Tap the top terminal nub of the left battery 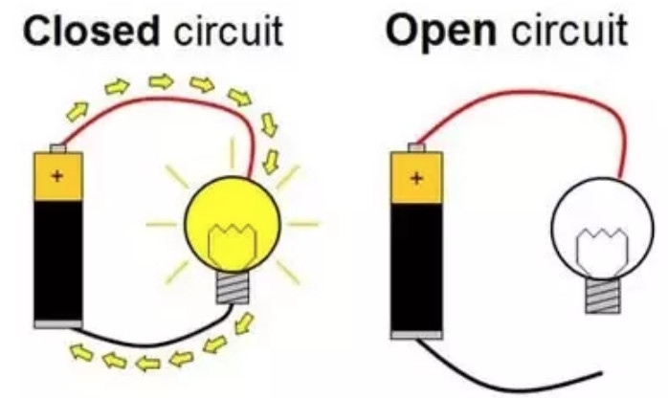57,148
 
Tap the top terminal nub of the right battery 416,147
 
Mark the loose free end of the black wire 599,371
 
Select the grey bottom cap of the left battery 57,324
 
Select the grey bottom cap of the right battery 416,334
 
